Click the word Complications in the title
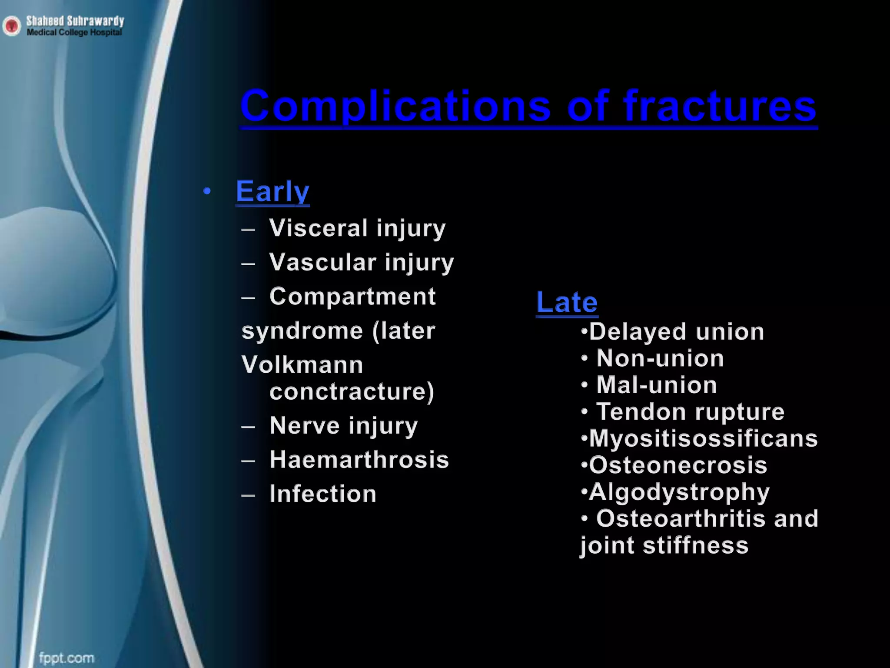(x=395, y=107)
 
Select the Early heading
(x=272, y=191)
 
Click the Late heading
(x=567, y=302)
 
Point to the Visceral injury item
(x=357, y=228)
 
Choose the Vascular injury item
(x=362, y=263)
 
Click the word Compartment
(x=352, y=297)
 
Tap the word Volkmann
(x=302, y=364)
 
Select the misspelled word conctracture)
(x=352, y=391)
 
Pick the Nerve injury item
(x=343, y=425)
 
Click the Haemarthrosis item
(x=359, y=460)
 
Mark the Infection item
(x=323, y=494)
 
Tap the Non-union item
(x=660, y=359)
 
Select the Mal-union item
(x=656, y=385)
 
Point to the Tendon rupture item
(x=690, y=412)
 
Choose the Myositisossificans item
(x=703, y=438)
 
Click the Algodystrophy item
(x=679, y=492)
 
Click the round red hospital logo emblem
(x=11, y=26)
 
